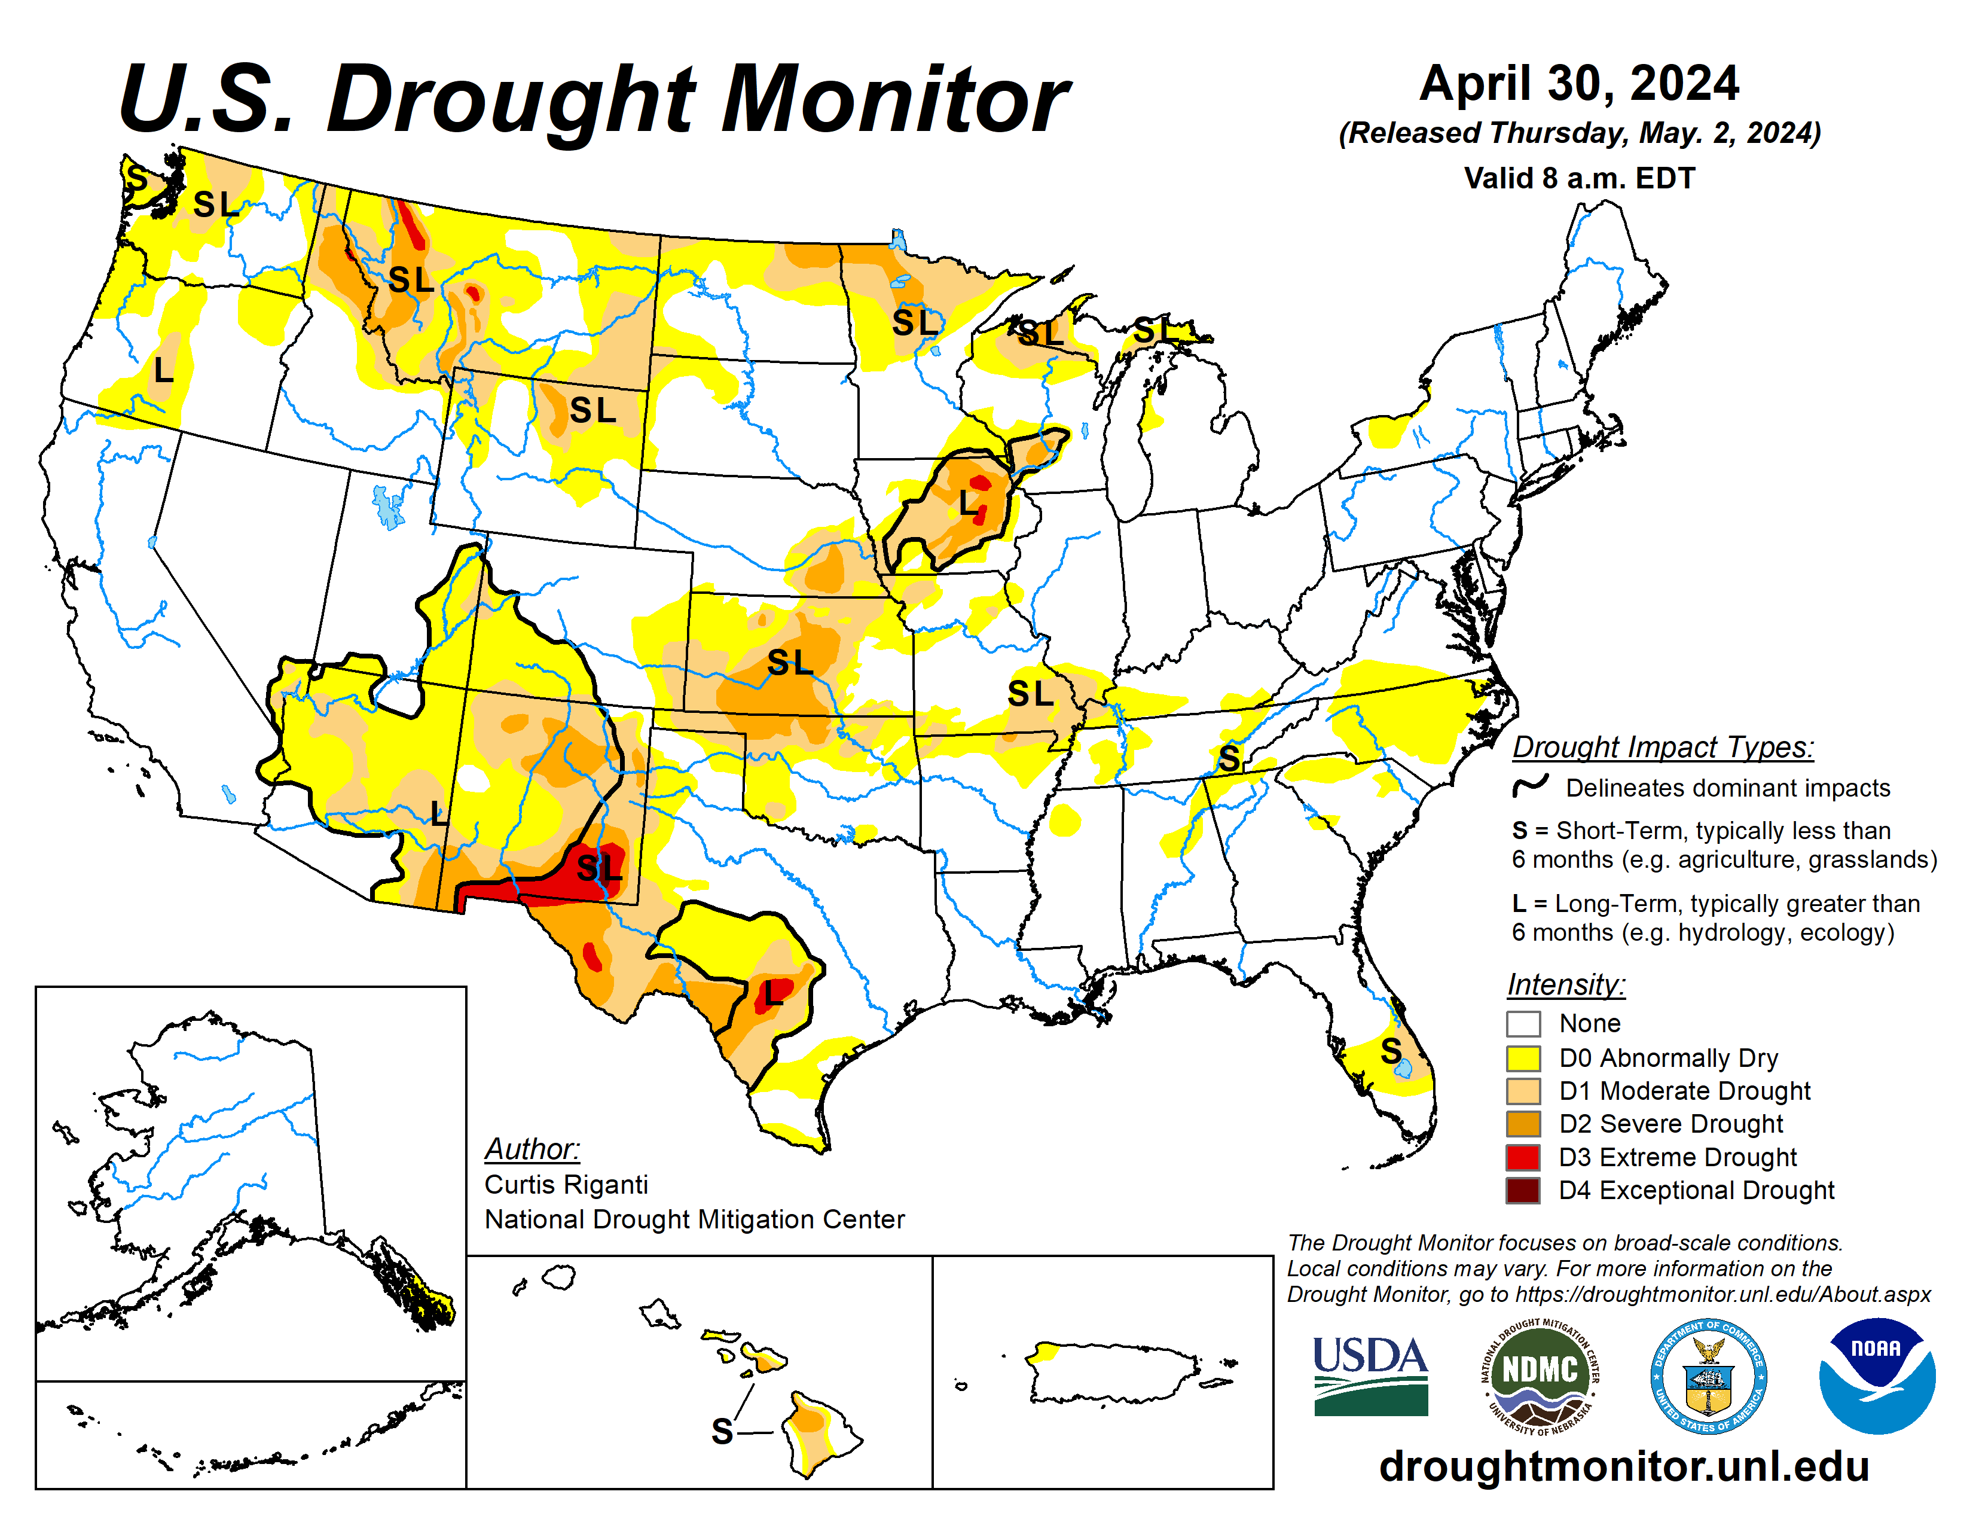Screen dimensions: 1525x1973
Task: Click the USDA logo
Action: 1370,1375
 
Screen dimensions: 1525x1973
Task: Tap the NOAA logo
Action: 1876,1375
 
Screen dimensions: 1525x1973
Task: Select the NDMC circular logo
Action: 1540,1375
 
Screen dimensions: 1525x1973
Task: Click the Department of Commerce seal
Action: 1708,1375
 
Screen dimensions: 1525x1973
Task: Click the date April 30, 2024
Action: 1578,83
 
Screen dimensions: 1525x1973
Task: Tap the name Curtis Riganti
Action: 566,1184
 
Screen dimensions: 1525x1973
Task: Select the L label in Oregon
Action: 163,370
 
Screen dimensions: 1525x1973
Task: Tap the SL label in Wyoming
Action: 592,411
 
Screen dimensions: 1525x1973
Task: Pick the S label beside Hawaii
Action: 722,1431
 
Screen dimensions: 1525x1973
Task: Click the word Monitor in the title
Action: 894,99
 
